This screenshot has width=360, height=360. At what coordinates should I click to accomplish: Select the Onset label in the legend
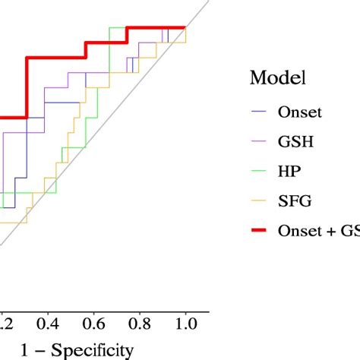[301, 112]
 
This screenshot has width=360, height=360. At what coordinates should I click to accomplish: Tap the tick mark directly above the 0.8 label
[140, 309]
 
